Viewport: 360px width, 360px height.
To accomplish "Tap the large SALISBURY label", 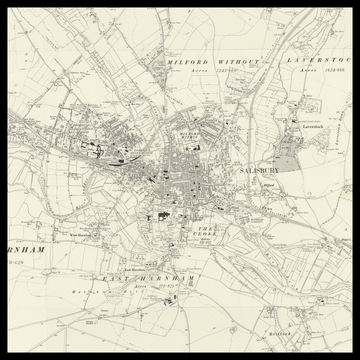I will click(x=262, y=172).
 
